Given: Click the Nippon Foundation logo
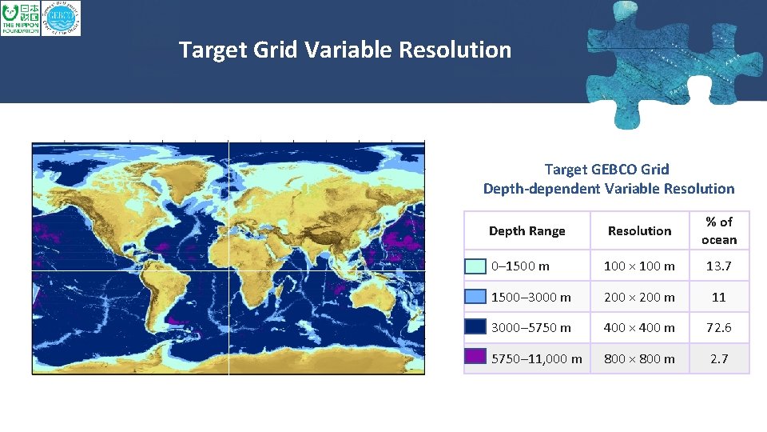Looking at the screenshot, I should click(20, 18).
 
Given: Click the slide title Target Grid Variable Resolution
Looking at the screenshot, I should click(345, 50).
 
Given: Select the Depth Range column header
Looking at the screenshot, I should click(527, 231).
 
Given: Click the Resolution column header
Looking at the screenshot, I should click(639, 231).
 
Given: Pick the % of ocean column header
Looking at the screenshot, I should click(719, 230).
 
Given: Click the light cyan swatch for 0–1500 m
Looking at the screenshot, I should click(475, 266).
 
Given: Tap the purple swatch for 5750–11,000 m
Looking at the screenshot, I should click(475, 358).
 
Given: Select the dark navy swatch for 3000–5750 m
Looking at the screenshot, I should click(475, 327).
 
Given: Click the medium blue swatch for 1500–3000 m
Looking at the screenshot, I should click(475, 297).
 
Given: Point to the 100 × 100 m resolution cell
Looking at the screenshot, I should click(639, 266).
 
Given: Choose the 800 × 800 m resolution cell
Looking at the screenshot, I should click(639, 358).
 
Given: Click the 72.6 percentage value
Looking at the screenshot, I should click(719, 327).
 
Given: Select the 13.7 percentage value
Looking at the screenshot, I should click(719, 266).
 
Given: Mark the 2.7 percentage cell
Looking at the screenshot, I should click(719, 358).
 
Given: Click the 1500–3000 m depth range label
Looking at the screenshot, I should click(531, 297).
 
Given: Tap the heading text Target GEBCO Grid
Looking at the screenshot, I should click(607, 169).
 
